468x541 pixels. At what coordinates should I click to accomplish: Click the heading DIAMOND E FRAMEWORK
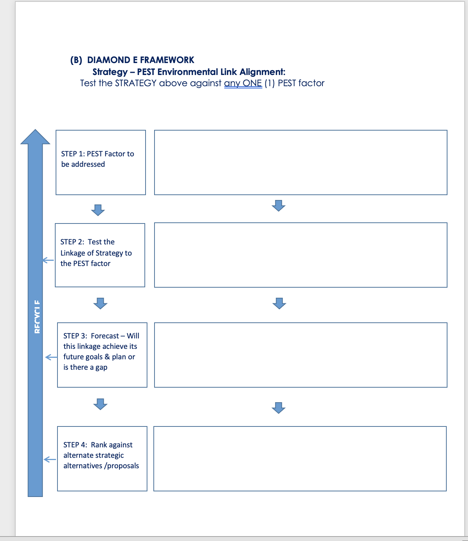140,60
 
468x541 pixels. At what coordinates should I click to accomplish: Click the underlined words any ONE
243,83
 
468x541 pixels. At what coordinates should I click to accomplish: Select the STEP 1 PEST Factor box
100,162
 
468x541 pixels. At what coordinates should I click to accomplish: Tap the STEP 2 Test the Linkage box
100,255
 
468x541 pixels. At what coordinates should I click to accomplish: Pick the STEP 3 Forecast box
102,355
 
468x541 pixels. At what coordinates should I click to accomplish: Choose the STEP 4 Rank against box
102,459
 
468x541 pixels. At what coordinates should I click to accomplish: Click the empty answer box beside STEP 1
300,162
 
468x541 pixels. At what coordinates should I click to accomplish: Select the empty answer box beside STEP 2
300,255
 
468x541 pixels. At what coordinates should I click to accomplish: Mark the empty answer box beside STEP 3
300,355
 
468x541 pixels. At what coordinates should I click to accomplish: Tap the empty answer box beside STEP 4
300,459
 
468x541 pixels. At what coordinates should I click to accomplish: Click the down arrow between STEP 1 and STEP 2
98,210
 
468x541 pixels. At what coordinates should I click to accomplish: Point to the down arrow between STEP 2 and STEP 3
100,303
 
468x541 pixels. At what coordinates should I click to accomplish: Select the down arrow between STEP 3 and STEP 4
100,404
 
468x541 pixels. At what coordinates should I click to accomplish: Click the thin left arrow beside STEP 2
48,260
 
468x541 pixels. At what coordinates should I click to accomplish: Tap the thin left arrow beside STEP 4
50,459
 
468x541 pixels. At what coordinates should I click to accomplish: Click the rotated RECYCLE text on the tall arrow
37,317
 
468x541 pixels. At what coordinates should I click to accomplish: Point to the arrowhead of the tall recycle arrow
35,137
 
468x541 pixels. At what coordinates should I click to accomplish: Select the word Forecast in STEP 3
105,336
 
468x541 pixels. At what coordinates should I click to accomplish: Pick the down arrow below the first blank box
278,206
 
